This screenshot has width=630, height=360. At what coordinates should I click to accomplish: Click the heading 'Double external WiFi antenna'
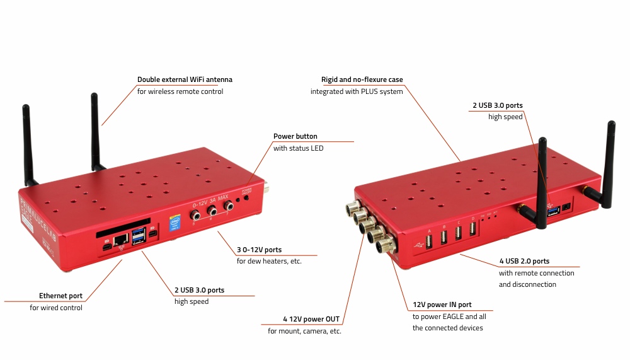[x=185, y=79]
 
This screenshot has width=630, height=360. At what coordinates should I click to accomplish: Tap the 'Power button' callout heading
[x=295, y=136]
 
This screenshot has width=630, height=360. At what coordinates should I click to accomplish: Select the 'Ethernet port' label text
[x=60, y=296]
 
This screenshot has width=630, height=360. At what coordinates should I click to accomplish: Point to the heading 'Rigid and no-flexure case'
[x=362, y=79]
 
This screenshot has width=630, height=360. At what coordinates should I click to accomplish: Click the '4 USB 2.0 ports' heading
[x=524, y=261]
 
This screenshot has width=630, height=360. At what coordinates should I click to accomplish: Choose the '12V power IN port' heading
[x=442, y=305]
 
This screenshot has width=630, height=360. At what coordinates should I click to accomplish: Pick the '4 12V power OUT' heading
[x=312, y=319]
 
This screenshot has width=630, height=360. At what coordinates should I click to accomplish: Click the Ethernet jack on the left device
[x=121, y=238]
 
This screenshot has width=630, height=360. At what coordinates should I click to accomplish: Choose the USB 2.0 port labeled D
[x=472, y=229]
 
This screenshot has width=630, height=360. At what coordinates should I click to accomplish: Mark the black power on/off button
[x=246, y=197]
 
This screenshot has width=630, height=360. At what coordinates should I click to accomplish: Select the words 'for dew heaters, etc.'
[x=269, y=261]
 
